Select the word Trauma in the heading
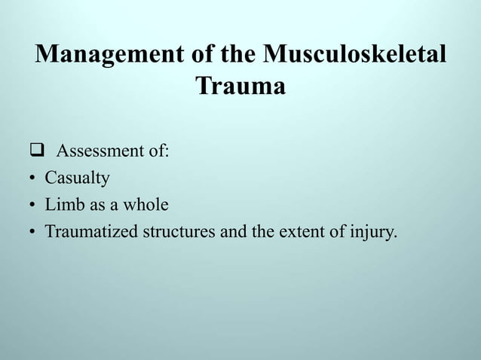pos(240,87)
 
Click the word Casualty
pos(78,178)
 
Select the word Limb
pos(63,205)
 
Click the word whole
pos(147,205)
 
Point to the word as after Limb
pos(97,205)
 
